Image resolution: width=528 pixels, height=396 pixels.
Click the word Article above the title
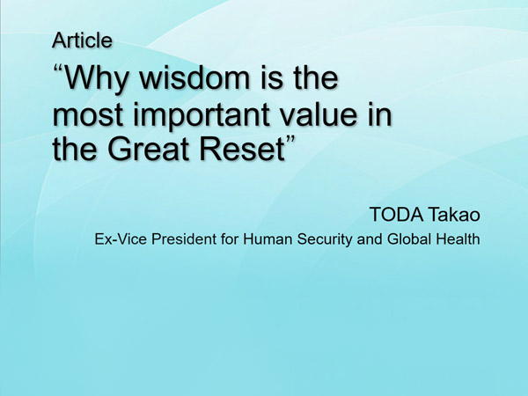click(82, 40)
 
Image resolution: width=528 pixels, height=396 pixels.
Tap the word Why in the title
click(96, 79)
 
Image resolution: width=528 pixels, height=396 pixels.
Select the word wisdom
click(194, 77)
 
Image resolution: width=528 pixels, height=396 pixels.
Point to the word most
click(87, 114)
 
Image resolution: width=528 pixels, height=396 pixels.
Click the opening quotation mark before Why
click(58, 70)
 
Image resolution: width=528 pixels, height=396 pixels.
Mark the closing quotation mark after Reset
click(290, 139)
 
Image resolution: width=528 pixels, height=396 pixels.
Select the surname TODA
click(396, 214)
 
